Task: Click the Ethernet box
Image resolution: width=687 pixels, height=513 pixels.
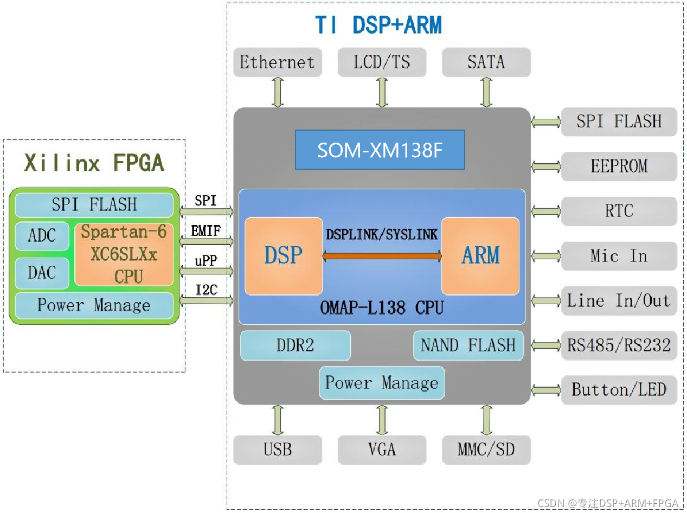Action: (277, 62)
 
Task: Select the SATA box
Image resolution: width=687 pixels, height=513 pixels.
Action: (486, 62)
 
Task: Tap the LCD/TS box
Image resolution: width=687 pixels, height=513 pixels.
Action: (382, 62)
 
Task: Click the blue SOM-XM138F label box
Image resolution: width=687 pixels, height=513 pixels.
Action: (380, 150)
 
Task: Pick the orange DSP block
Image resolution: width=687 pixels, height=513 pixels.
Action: (283, 255)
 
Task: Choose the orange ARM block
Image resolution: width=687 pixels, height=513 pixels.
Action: (480, 255)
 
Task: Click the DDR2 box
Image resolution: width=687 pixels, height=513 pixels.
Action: (295, 345)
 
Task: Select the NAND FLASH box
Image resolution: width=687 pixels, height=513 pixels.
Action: (468, 345)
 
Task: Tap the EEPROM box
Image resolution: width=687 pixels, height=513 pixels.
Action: (619, 166)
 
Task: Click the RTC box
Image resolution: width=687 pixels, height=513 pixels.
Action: (619, 211)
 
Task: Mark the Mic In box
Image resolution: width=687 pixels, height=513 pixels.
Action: (619, 255)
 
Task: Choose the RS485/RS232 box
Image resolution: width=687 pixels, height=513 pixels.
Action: (619, 345)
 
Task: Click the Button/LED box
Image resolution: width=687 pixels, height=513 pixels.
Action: (619, 389)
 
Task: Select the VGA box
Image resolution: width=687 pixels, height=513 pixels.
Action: (382, 450)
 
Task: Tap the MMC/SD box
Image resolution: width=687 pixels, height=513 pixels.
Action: (486, 450)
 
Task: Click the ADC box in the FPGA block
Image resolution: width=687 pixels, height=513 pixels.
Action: (42, 236)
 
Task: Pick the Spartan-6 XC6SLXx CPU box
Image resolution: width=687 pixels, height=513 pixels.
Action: (124, 254)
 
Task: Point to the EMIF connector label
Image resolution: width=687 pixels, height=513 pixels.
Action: (206, 232)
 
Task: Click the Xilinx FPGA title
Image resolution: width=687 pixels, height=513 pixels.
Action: (94, 163)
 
